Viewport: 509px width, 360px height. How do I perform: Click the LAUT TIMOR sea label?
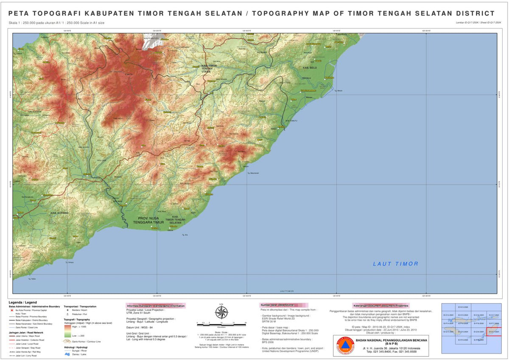pyautogui.click(x=395, y=264)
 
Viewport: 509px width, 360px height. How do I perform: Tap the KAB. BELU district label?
pyautogui.click(x=310, y=68)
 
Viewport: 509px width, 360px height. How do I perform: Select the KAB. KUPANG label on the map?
pyautogui.click(x=60, y=213)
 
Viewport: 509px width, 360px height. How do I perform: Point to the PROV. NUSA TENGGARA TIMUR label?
pyautogui.click(x=148, y=220)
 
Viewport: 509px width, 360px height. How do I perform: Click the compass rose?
pyautogui.click(x=221, y=312)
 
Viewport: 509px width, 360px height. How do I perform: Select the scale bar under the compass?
pyautogui.click(x=221, y=324)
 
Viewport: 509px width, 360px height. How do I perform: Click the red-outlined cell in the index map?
pyautogui.click(x=493, y=332)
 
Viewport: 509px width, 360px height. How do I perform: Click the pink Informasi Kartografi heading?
pyautogui.click(x=156, y=306)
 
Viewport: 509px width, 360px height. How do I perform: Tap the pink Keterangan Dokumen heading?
pyautogui.click(x=380, y=306)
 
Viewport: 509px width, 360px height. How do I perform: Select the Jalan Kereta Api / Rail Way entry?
pyautogui.click(x=28, y=352)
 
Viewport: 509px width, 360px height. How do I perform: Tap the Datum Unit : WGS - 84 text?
pyautogui.click(x=140, y=328)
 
